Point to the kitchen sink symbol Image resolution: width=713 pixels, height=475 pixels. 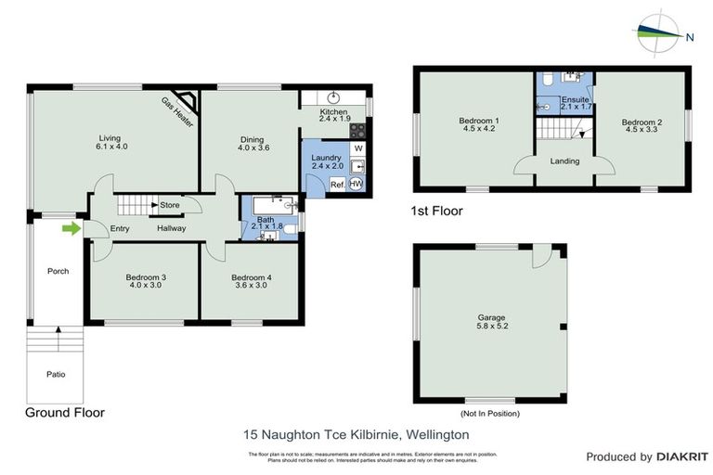pyautogui.click(x=331, y=97)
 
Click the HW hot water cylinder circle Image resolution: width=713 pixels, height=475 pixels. pyautogui.click(x=356, y=184)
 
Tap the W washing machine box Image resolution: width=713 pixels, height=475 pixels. pyautogui.click(x=357, y=148)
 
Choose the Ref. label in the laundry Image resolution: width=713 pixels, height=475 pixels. pyautogui.click(x=337, y=185)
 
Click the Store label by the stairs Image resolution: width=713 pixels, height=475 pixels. pyautogui.click(x=169, y=205)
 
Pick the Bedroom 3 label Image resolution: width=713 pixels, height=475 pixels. pyautogui.click(x=146, y=277)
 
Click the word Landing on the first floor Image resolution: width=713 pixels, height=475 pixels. pyautogui.click(x=564, y=161)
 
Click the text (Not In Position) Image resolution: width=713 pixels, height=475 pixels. pyautogui.click(x=489, y=413)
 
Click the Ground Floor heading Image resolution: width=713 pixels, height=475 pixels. pyautogui.click(x=64, y=413)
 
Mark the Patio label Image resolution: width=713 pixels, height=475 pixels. pyautogui.click(x=56, y=375)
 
